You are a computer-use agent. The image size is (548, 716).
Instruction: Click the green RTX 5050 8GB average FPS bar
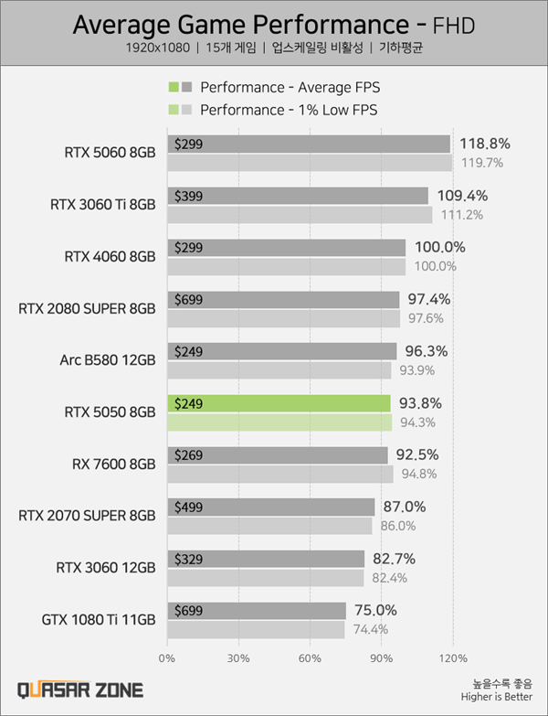pyautogui.click(x=279, y=403)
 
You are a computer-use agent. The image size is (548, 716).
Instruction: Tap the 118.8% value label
pyautogui.click(x=484, y=144)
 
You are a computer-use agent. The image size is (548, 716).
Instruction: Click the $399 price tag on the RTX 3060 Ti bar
pyautogui.click(x=187, y=196)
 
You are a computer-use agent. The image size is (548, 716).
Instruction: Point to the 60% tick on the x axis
pyautogui.click(x=311, y=657)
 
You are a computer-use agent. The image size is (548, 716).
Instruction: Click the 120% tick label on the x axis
pyautogui.click(x=453, y=657)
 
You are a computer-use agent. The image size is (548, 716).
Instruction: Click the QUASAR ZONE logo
pyautogui.click(x=79, y=689)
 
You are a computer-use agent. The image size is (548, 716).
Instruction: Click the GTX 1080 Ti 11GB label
pyautogui.click(x=99, y=619)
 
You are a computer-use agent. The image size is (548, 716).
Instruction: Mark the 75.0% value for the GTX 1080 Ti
pyautogui.click(x=376, y=611)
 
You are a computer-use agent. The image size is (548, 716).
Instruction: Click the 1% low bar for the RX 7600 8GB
pyautogui.click(x=279, y=474)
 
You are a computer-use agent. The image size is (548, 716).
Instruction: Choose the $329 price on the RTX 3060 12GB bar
pyautogui.click(x=187, y=559)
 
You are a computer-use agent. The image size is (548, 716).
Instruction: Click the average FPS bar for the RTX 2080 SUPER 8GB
pyautogui.click(x=283, y=300)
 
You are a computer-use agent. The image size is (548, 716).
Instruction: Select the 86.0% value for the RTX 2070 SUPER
pyautogui.click(x=397, y=526)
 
